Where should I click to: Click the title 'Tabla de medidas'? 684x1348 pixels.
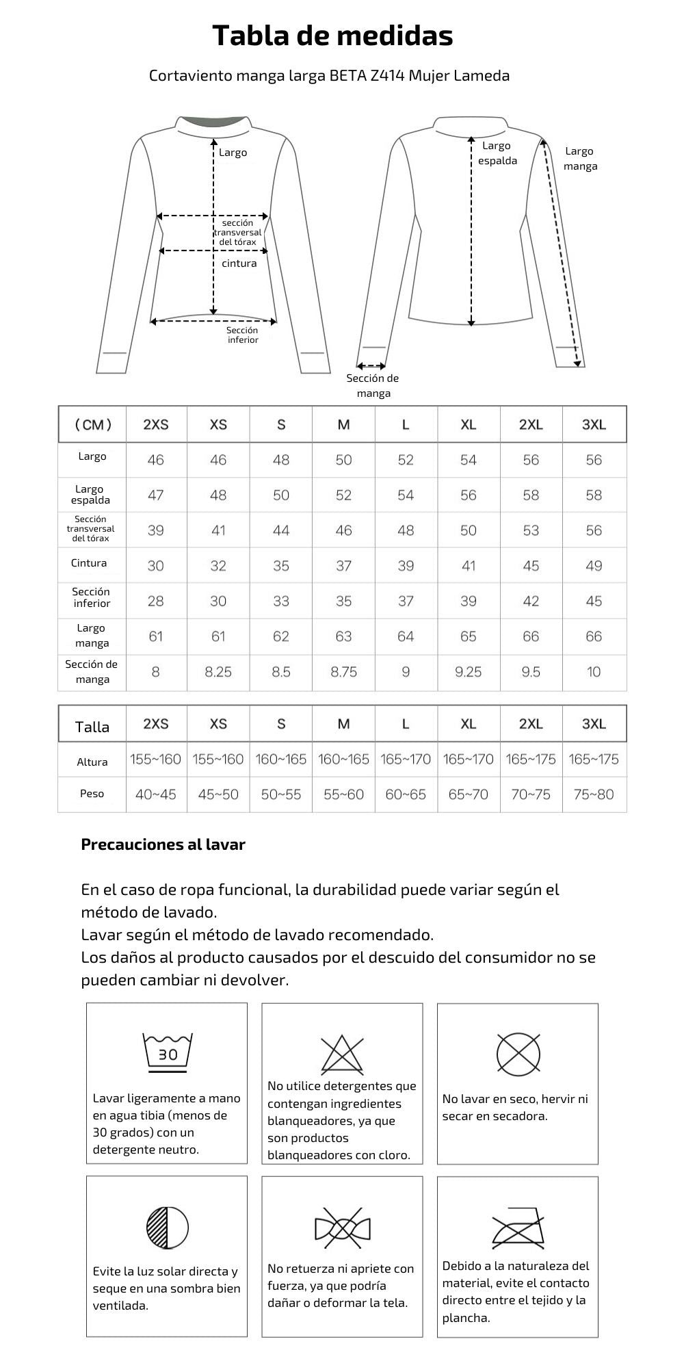click(332, 36)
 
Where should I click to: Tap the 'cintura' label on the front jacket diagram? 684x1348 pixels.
click(239, 263)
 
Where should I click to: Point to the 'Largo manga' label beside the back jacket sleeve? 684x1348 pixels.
click(580, 159)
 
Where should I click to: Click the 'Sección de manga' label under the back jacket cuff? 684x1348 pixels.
click(373, 385)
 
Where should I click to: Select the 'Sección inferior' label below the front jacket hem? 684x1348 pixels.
click(243, 335)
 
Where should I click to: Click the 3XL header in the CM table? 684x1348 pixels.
click(594, 424)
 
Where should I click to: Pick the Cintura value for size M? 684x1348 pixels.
click(343, 566)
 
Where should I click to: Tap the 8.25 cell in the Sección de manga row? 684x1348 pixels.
click(218, 672)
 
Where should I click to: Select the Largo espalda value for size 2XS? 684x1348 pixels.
click(156, 495)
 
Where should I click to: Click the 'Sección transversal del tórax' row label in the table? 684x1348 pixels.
click(91, 529)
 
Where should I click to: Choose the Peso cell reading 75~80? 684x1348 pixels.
click(594, 794)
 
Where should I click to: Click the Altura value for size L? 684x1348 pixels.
click(406, 759)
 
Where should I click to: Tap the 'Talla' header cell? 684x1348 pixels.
click(92, 727)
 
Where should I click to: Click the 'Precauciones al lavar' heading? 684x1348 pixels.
click(163, 844)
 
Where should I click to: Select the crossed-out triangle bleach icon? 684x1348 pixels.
click(342, 1054)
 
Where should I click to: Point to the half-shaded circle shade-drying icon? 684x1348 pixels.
click(168, 1227)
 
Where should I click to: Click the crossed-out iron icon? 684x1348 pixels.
click(518, 1228)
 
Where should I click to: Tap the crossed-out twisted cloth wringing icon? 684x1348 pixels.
click(342, 1228)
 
